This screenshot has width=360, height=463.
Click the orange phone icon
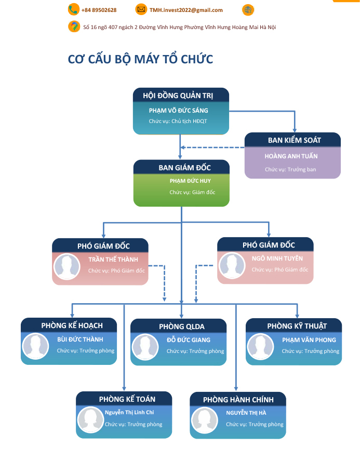tap(73, 9)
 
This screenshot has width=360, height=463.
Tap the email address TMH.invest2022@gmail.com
tap(186, 10)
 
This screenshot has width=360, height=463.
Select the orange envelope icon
tap(141, 9)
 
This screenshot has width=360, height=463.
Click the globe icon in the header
tap(248, 10)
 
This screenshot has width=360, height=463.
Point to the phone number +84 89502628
tap(99, 10)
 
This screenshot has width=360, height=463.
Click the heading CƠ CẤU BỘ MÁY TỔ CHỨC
tap(140, 59)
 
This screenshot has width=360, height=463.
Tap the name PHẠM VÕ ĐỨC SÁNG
tap(178, 111)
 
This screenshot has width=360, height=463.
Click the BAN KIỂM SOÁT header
tap(294, 140)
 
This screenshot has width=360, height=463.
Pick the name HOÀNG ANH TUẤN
tap(291, 156)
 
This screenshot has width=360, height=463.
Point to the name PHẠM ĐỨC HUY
tap(190, 181)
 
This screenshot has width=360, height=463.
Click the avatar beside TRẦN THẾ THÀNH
tap(68, 266)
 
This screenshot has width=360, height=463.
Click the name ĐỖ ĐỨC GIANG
tap(189, 340)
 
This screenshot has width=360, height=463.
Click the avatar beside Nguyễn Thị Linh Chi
tap(91, 419)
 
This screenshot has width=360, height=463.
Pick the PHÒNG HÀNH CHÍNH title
tap(238, 400)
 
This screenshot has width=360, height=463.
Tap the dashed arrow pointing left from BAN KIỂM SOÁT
tap(213, 147)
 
